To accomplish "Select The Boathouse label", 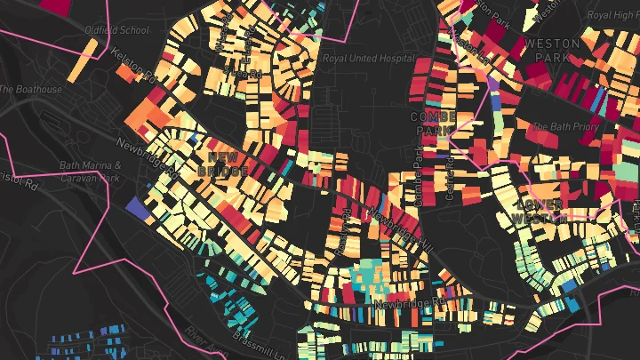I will click(x=31, y=89).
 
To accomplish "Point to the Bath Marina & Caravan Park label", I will click(x=89, y=171).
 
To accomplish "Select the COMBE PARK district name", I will click(x=433, y=124).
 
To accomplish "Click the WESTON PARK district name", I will click(x=552, y=50).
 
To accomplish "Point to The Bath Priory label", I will click(x=570, y=126).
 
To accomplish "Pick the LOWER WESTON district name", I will click(x=540, y=211).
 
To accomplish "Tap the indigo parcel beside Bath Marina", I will click(x=136, y=206).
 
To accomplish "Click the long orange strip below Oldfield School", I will click(x=80, y=58).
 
